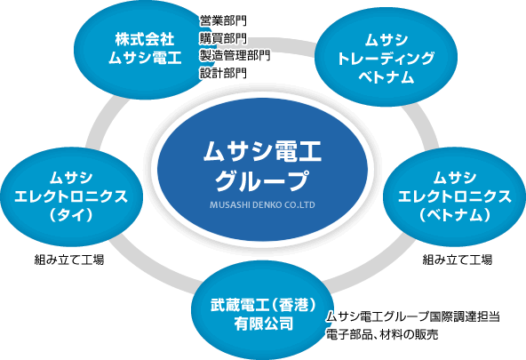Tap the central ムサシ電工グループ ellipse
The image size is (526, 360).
[263, 170]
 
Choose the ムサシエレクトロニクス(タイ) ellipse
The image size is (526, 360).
[71, 197]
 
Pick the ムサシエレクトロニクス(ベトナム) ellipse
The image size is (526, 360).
[454, 197]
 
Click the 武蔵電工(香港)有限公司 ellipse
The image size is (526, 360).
[263, 310]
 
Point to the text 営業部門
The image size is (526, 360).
[223, 20]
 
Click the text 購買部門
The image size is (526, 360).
[223, 38]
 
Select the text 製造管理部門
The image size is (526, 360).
[235, 55]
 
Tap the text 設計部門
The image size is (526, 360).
[223, 73]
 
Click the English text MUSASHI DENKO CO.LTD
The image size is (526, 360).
[262, 204]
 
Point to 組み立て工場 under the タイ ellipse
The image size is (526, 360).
[69, 260]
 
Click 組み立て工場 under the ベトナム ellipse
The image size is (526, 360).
[458, 260]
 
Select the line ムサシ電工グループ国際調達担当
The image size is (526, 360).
[413, 316]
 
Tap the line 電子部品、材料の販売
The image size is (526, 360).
[382, 334]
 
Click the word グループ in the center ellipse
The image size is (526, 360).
[262, 180]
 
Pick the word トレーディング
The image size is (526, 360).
[386, 59]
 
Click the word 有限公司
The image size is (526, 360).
[263, 324]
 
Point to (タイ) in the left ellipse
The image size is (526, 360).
[71, 215]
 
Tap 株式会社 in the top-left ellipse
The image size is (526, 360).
[145, 39]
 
